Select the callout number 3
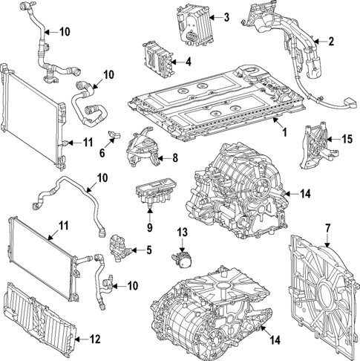click(226, 17)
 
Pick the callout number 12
click(94, 339)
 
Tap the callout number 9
click(149, 228)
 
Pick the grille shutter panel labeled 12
click(41, 320)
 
